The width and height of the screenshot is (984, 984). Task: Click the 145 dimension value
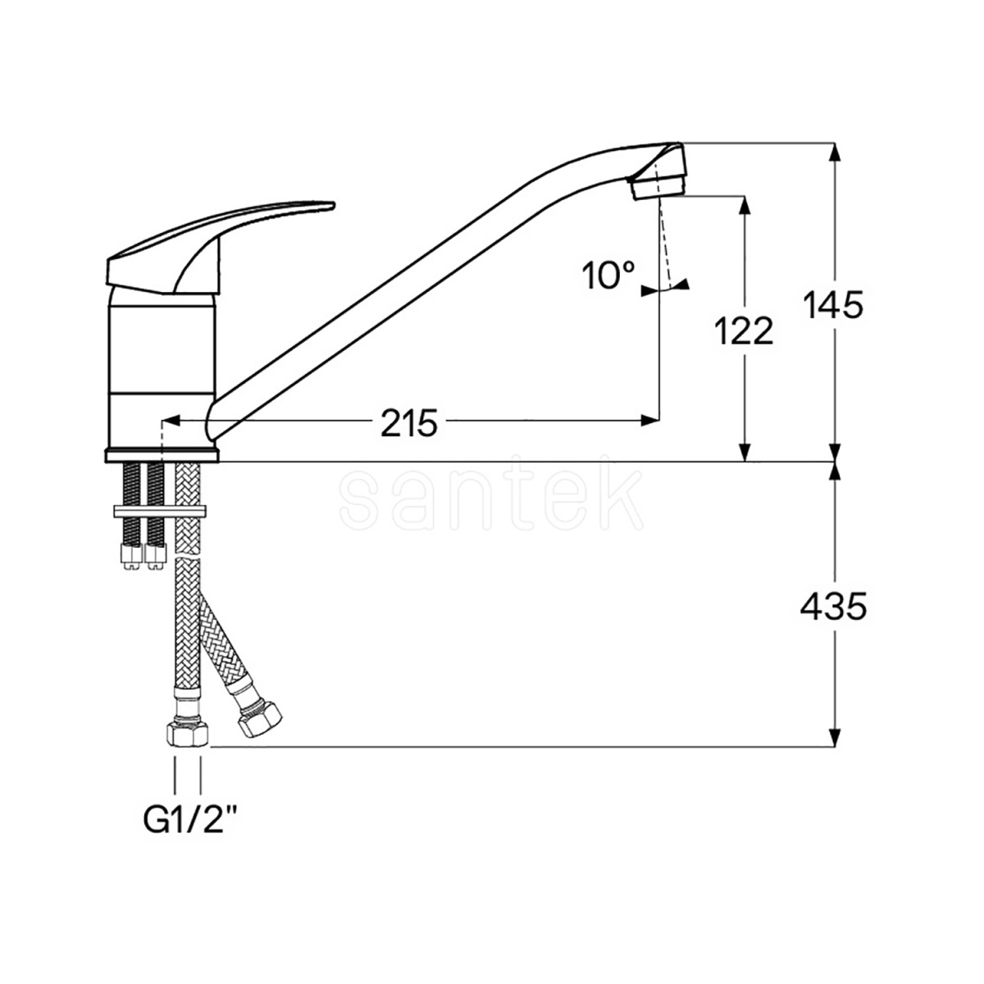(833, 305)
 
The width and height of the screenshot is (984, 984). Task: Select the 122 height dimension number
(744, 330)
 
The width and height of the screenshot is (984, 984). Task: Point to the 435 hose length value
(833, 606)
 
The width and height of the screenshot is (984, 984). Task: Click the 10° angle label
(608, 276)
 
